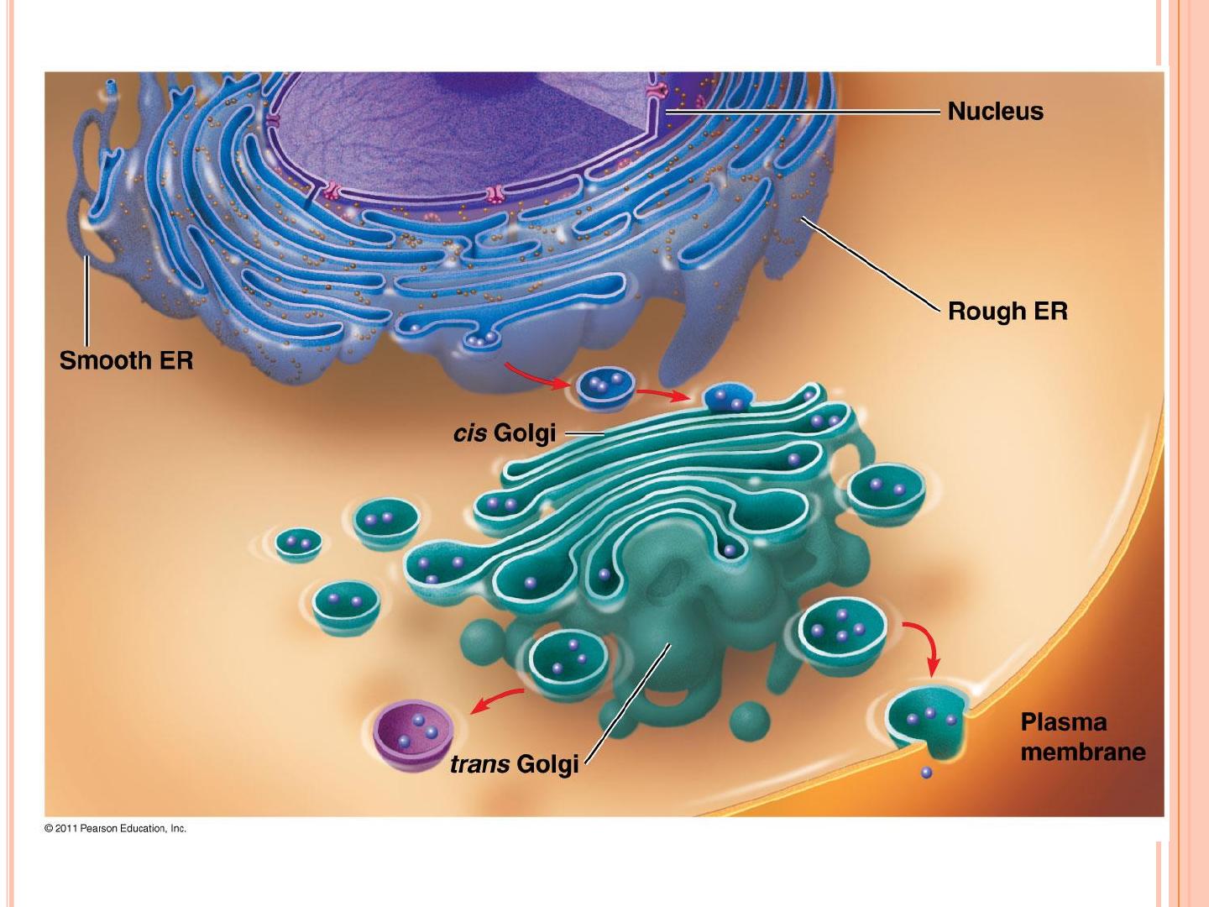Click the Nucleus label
(x=995, y=112)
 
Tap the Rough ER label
(x=1007, y=312)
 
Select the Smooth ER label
(x=126, y=361)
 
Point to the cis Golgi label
(x=504, y=433)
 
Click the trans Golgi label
(x=514, y=764)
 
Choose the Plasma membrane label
(x=1083, y=737)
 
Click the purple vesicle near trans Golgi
(x=413, y=735)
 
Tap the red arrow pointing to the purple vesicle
(x=497, y=700)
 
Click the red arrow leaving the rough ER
(x=536, y=375)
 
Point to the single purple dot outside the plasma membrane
(x=926, y=773)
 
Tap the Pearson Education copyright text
(x=115, y=828)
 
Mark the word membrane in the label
(x=1083, y=751)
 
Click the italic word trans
(x=479, y=764)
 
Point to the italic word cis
(x=470, y=433)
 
